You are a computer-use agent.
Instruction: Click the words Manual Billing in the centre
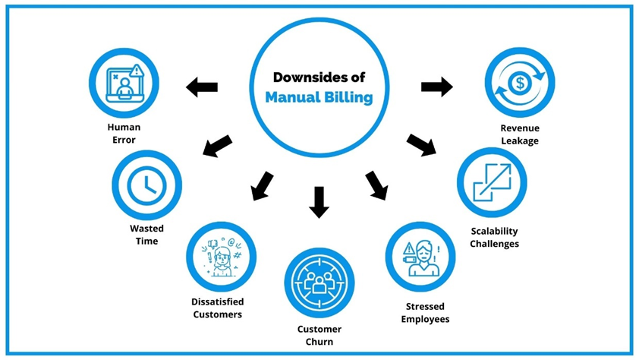[x=319, y=97]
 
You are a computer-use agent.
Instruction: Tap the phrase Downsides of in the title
[x=319, y=77]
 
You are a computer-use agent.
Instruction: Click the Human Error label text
[x=123, y=134]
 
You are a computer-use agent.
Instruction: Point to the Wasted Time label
[x=146, y=235]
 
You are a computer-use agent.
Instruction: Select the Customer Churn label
[x=319, y=335]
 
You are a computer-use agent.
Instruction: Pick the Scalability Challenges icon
[x=492, y=183]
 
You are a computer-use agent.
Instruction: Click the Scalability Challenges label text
[x=493, y=237]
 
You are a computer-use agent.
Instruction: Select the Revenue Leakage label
[x=519, y=134]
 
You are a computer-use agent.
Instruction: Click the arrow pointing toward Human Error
[x=202, y=87]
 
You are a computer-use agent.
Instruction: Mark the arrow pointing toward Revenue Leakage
[x=436, y=87]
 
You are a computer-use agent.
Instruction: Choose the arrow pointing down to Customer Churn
[x=319, y=202]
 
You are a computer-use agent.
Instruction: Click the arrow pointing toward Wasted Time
[x=219, y=146]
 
